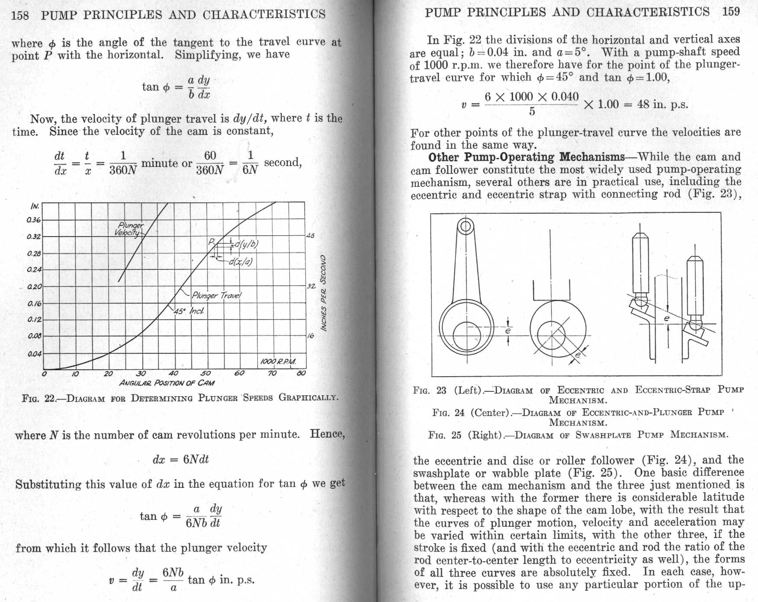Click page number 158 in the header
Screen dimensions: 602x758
point(20,16)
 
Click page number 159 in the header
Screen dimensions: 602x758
point(731,11)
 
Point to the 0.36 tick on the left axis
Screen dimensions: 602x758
point(34,220)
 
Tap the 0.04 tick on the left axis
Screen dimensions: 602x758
point(34,354)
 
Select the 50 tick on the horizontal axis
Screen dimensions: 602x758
point(206,373)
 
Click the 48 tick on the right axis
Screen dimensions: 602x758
point(310,236)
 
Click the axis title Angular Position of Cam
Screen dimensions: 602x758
point(167,383)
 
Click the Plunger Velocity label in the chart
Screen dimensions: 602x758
point(129,229)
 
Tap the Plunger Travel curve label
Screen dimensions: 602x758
point(216,296)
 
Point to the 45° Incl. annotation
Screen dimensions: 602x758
point(189,311)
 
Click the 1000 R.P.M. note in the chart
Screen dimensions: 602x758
point(278,362)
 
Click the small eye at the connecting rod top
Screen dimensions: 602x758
point(466,226)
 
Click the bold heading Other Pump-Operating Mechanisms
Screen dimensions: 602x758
point(526,157)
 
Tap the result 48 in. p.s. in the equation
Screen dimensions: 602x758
point(662,104)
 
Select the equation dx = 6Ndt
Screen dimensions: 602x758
point(180,459)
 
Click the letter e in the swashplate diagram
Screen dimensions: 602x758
point(666,318)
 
